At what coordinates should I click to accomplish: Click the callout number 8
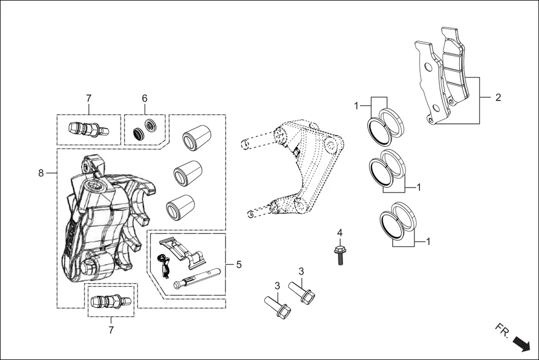[41, 174]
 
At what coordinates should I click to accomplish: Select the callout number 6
[145, 98]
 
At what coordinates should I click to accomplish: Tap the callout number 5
[239, 264]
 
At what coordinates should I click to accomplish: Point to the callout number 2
[498, 98]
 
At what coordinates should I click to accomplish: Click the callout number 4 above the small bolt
[340, 232]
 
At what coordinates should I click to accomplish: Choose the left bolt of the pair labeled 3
[276, 308]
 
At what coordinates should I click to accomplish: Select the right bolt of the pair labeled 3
[302, 291]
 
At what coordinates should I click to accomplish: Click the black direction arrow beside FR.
[522, 343]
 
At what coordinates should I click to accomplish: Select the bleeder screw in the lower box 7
[110, 301]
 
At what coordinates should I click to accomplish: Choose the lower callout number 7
[111, 330]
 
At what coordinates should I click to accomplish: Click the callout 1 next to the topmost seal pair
[356, 105]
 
